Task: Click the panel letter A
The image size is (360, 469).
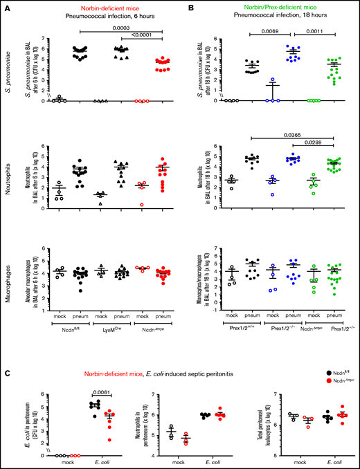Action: tap(5, 6)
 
